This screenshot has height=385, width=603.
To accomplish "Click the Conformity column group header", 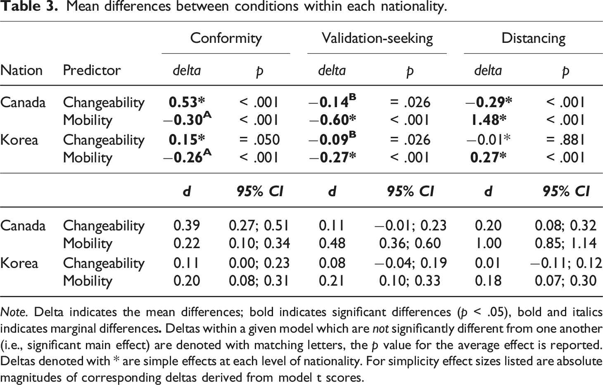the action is [x=226, y=39].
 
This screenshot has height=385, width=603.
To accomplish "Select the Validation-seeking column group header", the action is [x=377, y=39].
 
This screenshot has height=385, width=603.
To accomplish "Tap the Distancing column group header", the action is [x=533, y=39].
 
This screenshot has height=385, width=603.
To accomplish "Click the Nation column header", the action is [x=21, y=70].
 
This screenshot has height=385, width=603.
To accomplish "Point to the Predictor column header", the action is [x=92, y=70].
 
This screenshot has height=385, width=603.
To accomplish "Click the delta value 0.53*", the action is [x=187, y=102].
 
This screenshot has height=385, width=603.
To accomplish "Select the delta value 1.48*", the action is [x=488, y=120].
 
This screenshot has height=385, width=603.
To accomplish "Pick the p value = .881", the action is [x=565, y=140].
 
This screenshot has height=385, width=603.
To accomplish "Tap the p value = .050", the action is [x=259, y=140].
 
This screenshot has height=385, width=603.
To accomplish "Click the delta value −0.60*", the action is [x=332, y=120].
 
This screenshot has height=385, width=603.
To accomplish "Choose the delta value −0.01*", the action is [x=488, y=140].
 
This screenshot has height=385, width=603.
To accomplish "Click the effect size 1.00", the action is [x=488, y=243].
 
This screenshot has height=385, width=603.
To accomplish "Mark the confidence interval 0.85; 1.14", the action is [x=565, y=243].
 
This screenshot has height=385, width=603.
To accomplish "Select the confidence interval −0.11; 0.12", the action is [x=566, y=263].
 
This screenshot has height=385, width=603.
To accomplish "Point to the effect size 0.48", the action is [x=332, y=243].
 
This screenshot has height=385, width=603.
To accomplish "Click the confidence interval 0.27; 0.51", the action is [x=259, y=225].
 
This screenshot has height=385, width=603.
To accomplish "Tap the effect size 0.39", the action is [x=187, y=225].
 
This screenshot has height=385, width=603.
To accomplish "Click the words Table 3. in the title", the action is [x=29, y=6].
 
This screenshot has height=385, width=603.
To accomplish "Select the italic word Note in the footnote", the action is [x=13, y=312].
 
